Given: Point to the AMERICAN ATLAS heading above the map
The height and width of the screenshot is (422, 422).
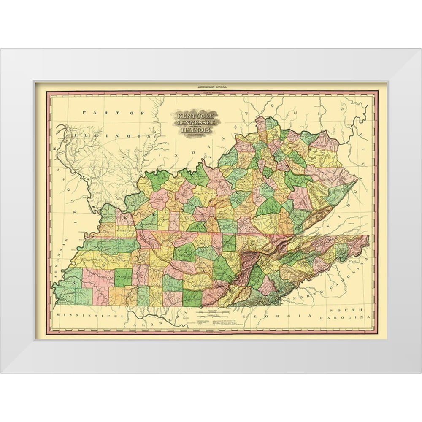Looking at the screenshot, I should (x=210, y=87).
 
